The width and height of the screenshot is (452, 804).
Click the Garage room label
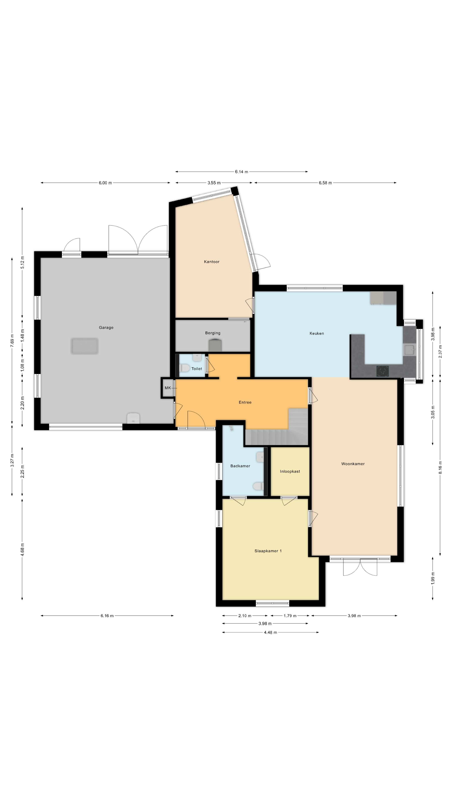point(106,327)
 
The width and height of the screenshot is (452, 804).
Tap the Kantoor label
point(212,262)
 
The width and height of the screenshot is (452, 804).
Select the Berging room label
point(213,333)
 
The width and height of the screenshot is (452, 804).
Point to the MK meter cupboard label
point(168,388)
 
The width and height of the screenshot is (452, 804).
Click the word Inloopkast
point(290,471)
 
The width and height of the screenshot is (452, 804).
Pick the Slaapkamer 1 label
point(268,551)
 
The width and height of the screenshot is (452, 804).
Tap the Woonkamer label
point(353,464)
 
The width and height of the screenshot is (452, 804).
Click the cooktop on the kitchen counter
point(383,371)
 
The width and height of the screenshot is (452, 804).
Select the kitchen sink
point(410,350)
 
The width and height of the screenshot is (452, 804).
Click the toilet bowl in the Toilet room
point(185,368)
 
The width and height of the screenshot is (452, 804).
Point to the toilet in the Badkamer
point(258,486)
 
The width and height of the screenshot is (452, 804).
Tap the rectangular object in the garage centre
point(85,346)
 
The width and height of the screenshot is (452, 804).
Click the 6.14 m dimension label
point(241,172)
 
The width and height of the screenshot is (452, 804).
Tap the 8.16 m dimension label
point(440,468)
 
